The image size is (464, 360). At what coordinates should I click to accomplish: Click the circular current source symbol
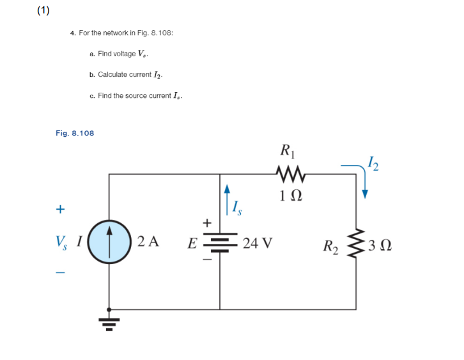pos(109,242)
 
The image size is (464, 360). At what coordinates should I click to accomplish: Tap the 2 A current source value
pos(148,242)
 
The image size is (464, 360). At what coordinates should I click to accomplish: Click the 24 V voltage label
pos(258,244)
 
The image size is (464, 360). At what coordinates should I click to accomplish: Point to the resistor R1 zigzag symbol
pos(289,173)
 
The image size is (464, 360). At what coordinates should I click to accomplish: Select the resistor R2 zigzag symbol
pos(357,244)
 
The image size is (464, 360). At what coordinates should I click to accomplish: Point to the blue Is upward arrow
pos(226,197)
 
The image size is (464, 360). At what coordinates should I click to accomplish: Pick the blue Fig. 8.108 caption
pos(75,133)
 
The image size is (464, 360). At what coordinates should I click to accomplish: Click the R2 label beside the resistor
pos(331,245)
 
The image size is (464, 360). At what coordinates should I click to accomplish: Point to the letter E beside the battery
pos(191,244)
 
